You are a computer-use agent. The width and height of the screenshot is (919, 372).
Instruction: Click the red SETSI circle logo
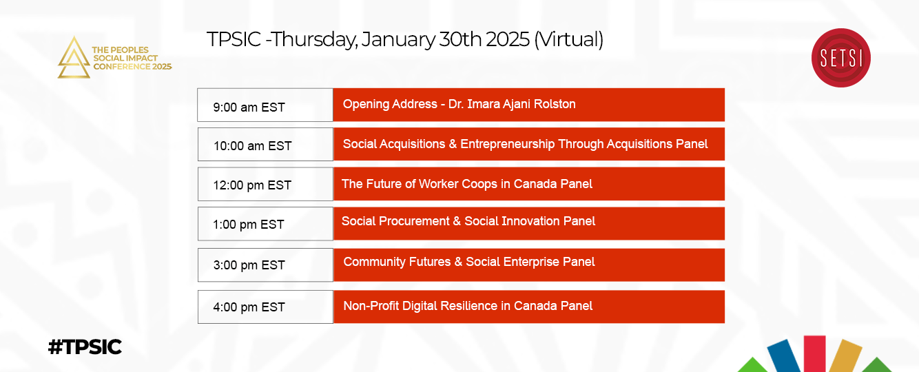pyautogui.click(x=840, y=58)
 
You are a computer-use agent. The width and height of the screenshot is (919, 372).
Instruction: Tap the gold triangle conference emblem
pyautogui.click(x=74, y=57)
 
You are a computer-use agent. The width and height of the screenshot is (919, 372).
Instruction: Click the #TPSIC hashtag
pyautogui.click(x=85, y=347)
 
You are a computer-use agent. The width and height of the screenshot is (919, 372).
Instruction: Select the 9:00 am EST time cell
pyautogui.click(x=265, y=105)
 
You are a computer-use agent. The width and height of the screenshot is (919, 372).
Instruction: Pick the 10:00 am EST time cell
pyautogui.click(x=265, y=145)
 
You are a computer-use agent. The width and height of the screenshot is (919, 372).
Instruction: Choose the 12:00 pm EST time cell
pyautogui.click(x=265, y=184)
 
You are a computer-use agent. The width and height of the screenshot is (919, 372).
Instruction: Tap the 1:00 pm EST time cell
pyautogui.click(x=265, y=224)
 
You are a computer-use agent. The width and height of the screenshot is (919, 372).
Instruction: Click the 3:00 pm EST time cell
pyautogui.click(x=265, y=265)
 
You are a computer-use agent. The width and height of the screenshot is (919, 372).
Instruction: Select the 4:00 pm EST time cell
pyautogui.click(x=265, y=307)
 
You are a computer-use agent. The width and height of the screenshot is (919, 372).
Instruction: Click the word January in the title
pyautogui.click(x=398, y=40)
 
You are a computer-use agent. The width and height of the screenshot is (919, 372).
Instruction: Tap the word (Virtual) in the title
pyautogui.click(x=568, y=40)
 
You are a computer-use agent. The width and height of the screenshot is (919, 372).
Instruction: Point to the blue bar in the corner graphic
pyautogui.click(x=783, y=356)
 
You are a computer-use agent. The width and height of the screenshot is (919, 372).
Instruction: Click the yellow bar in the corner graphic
pyautogui.click(x=845, y=355)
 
